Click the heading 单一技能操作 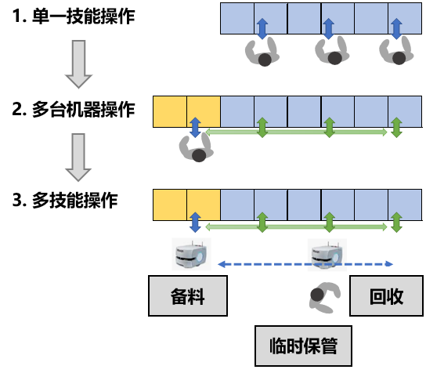[84, 16]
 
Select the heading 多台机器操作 [84, 110]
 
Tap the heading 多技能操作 [74, 201]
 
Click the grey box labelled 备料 [188, 295]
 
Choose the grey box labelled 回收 [386, 295]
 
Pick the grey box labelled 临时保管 [303, 346]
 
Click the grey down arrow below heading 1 [78, 64]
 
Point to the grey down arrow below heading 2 [78, 158]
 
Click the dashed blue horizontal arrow [305, 264]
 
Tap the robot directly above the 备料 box [191, 254]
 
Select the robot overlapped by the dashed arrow [327, 255]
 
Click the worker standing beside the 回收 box [325, 297]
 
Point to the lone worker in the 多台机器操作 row [196, 148]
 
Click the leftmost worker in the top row [262, 53]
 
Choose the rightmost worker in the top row [396, 51]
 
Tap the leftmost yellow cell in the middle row [170, 111]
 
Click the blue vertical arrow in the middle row [195, 127]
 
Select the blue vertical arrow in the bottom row [195, 223]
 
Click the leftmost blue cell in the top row [237, 19]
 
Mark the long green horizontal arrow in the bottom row [296, 226]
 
